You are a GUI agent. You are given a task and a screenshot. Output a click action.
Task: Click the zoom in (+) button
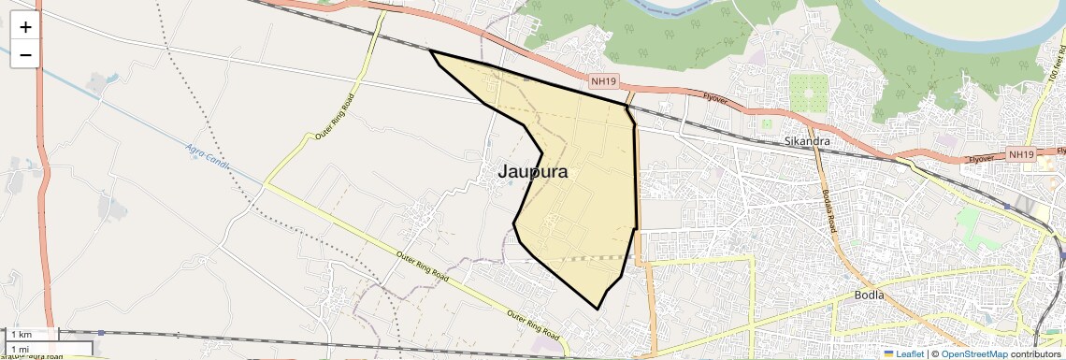pos(25,27)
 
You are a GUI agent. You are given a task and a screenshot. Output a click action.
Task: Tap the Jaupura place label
pos(532,172)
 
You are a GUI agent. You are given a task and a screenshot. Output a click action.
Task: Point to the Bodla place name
pos(869,295)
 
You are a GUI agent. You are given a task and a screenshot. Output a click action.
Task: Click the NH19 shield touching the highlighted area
pos(603,82)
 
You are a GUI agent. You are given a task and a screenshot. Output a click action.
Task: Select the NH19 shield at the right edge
pos(1022,154)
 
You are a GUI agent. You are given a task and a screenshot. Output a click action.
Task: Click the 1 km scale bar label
pos(22,335)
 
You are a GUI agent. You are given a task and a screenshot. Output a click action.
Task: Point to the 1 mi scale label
pos(20,349)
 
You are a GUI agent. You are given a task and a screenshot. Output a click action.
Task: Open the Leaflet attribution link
pos(909,354)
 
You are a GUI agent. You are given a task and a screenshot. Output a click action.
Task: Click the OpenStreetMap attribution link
pos(973,354)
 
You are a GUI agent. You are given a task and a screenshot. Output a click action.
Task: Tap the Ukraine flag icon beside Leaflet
pos(888,354)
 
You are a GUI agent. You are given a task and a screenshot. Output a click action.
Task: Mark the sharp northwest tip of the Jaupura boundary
pos(431,51)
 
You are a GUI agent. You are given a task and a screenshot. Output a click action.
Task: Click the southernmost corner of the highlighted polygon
pos(598,309)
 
